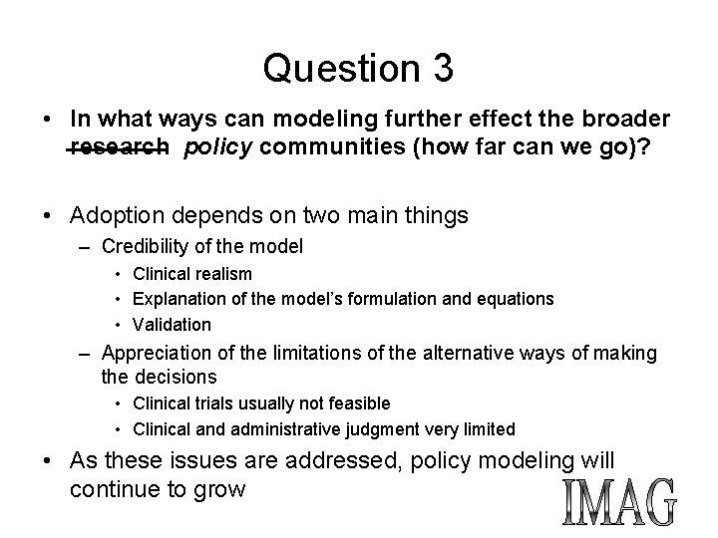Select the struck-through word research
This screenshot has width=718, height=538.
tap(119, 148)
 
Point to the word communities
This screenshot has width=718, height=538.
tap(328, 148)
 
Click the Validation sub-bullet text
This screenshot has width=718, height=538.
tap(172, 325)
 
